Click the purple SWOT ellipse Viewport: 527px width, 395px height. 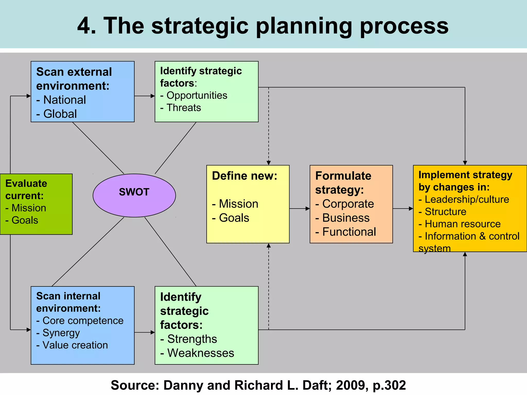134,195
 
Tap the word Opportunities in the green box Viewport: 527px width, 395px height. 197,95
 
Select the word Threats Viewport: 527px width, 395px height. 184,108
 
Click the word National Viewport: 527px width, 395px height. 65,100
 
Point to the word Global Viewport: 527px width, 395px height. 60,114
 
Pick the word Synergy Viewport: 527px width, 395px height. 61,333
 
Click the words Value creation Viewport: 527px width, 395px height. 75,345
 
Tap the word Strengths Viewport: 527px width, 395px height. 192,339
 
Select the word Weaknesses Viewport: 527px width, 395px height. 201,353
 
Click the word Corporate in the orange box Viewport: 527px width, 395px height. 348,204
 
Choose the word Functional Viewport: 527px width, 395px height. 349,232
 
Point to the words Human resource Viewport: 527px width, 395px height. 462,224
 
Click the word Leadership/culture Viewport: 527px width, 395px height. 467,200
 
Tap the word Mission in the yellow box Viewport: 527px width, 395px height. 239,204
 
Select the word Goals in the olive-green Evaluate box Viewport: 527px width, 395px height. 25,220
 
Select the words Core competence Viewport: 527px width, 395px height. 83,321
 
